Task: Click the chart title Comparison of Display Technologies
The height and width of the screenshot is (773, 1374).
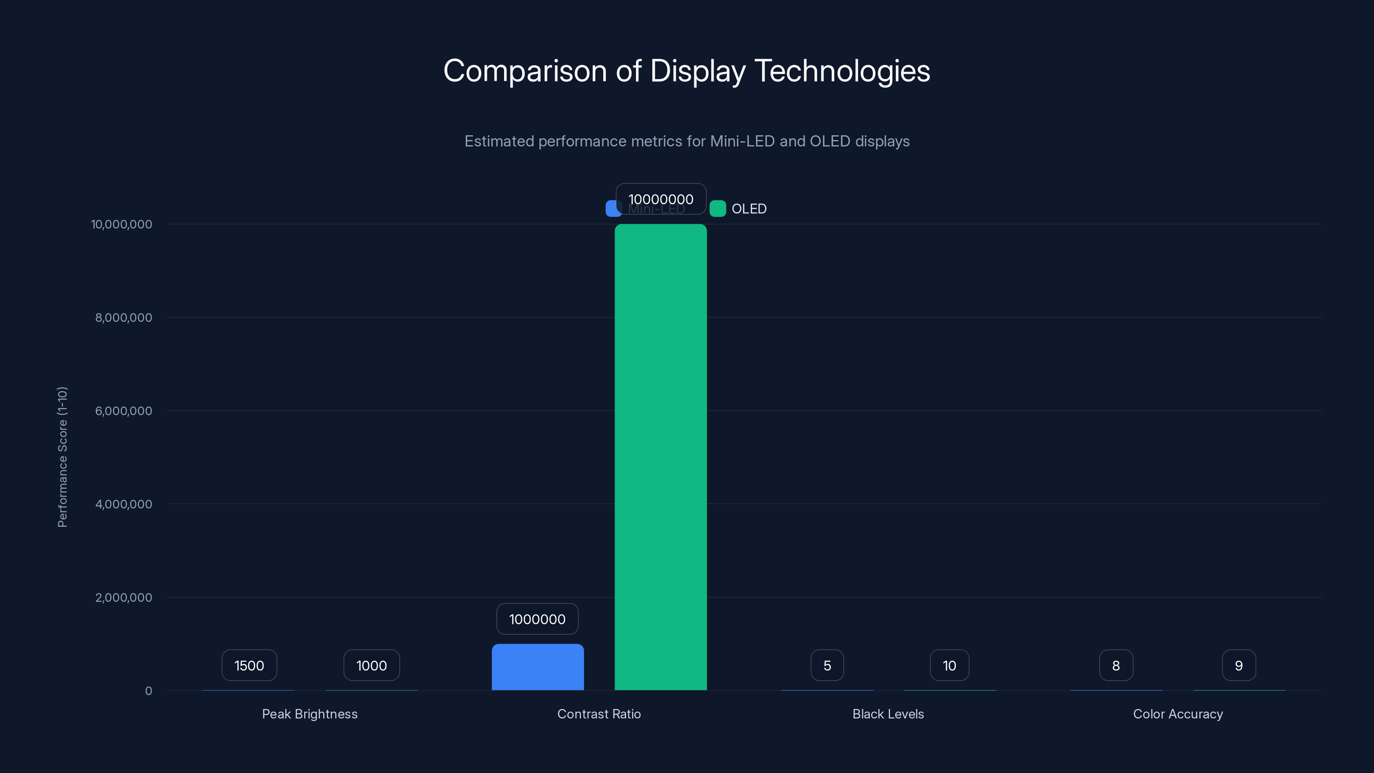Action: (687, 71)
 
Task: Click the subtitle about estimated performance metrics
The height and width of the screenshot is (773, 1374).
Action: (687, 141)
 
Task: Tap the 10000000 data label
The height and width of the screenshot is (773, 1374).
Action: (660, 199)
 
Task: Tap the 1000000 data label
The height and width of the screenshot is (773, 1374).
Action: (537, 619)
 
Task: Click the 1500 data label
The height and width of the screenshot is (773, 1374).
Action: (249, 665)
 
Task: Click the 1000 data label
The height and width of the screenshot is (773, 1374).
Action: (371, 665)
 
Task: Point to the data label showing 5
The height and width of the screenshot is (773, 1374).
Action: (827, 665)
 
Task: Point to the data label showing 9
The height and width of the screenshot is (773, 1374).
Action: (1238, 665)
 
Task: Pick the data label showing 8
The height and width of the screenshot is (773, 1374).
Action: (1116, 665)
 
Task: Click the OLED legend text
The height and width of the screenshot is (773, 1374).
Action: (749, 209)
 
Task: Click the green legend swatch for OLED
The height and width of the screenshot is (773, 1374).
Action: (717, 209)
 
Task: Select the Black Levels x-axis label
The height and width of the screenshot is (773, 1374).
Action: (888, 714)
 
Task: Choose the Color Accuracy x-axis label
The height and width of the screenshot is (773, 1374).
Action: (1178, 714)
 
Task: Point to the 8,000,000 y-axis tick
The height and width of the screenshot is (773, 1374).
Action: (123, 317)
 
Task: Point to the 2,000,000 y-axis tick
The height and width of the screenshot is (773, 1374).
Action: (123, 597)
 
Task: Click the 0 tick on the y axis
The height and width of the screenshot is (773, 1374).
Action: (148, 691)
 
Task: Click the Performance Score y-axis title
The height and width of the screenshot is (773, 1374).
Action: (62, 457)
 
